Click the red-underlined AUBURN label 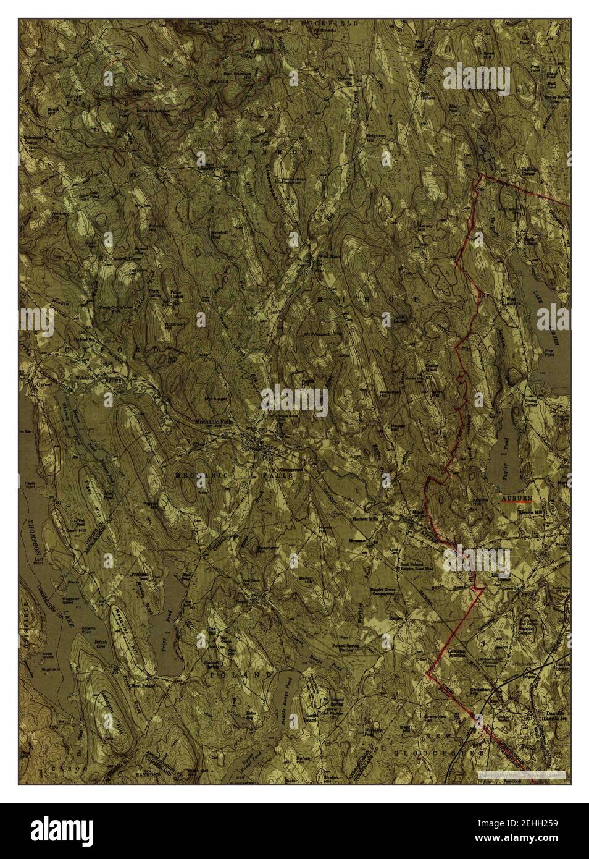click(x=516, y=497)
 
